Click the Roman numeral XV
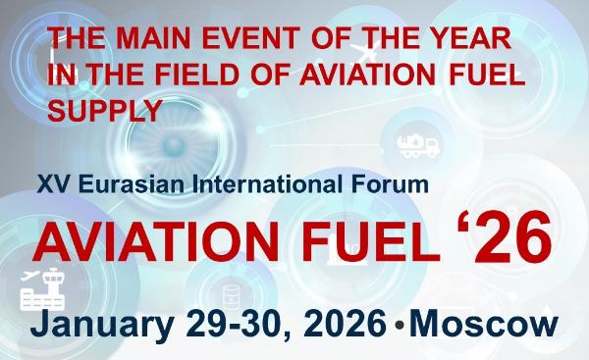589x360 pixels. pos(50,183)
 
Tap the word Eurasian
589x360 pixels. pos(121,183)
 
